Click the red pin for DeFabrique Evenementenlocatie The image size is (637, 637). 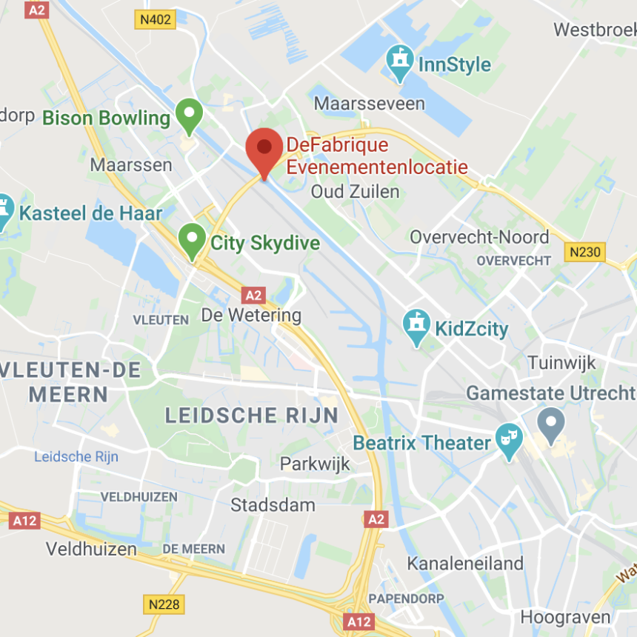point(264,148)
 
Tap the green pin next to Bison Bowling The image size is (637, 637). point(189,115)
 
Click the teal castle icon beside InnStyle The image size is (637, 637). point(400,62)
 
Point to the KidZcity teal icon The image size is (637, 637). point(417,326)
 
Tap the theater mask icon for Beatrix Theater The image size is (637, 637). point(509,441)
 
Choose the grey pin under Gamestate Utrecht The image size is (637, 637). point(550,424)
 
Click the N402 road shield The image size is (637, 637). point(155,20)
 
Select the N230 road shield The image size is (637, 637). point(585,253)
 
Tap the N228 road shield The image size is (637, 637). point(164,604)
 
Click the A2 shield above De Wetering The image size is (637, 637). point(254,295)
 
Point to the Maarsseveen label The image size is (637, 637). point(370,103)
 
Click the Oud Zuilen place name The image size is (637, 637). point(355,192)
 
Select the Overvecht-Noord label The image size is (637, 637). point(479,237)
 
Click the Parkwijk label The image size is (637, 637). point(315,464)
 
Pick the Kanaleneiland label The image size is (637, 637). point(465,564)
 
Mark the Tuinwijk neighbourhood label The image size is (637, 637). point(562,363)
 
